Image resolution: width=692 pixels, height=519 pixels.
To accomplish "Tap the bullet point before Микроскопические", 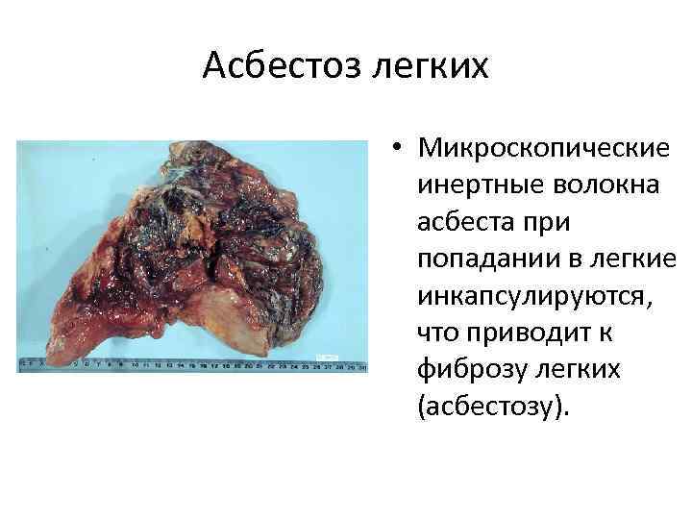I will (x=395, y=152).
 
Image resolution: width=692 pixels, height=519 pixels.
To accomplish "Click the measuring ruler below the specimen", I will (x=192, y=366).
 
